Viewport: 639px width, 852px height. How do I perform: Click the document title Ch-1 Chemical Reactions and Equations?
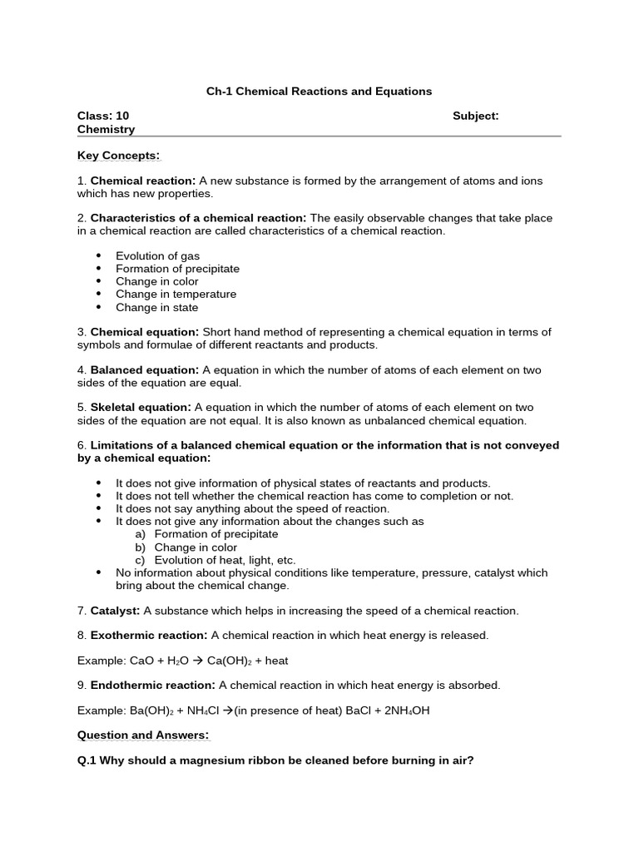coord(319,91)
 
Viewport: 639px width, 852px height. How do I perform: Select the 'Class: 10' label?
coord(103,116)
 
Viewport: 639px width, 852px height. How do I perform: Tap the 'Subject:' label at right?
coord(475,116)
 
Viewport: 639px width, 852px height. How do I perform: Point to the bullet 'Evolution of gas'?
coord(157,256)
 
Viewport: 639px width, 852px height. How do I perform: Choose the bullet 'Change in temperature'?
coord(176,295)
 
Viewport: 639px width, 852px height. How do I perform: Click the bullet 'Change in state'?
coord(156,308)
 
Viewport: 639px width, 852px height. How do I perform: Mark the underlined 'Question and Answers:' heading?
coord(143,736)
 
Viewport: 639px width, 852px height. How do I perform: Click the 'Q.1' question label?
coord(88,760)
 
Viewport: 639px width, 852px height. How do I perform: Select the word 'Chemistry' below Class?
coord(106,129)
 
